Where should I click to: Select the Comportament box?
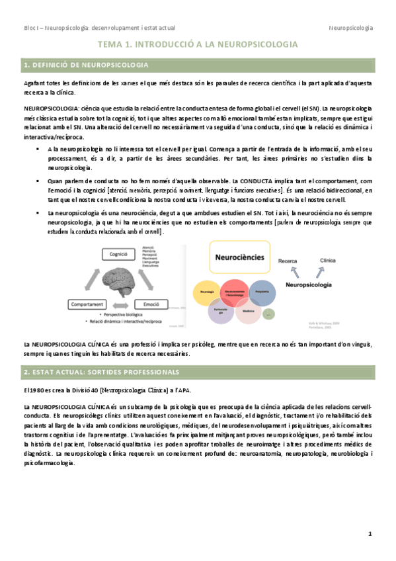coord(90,303)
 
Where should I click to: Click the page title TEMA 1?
coord(197,44)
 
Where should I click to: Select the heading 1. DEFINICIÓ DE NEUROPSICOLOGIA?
coord(86,65)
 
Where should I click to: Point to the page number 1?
coord(370,533)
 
